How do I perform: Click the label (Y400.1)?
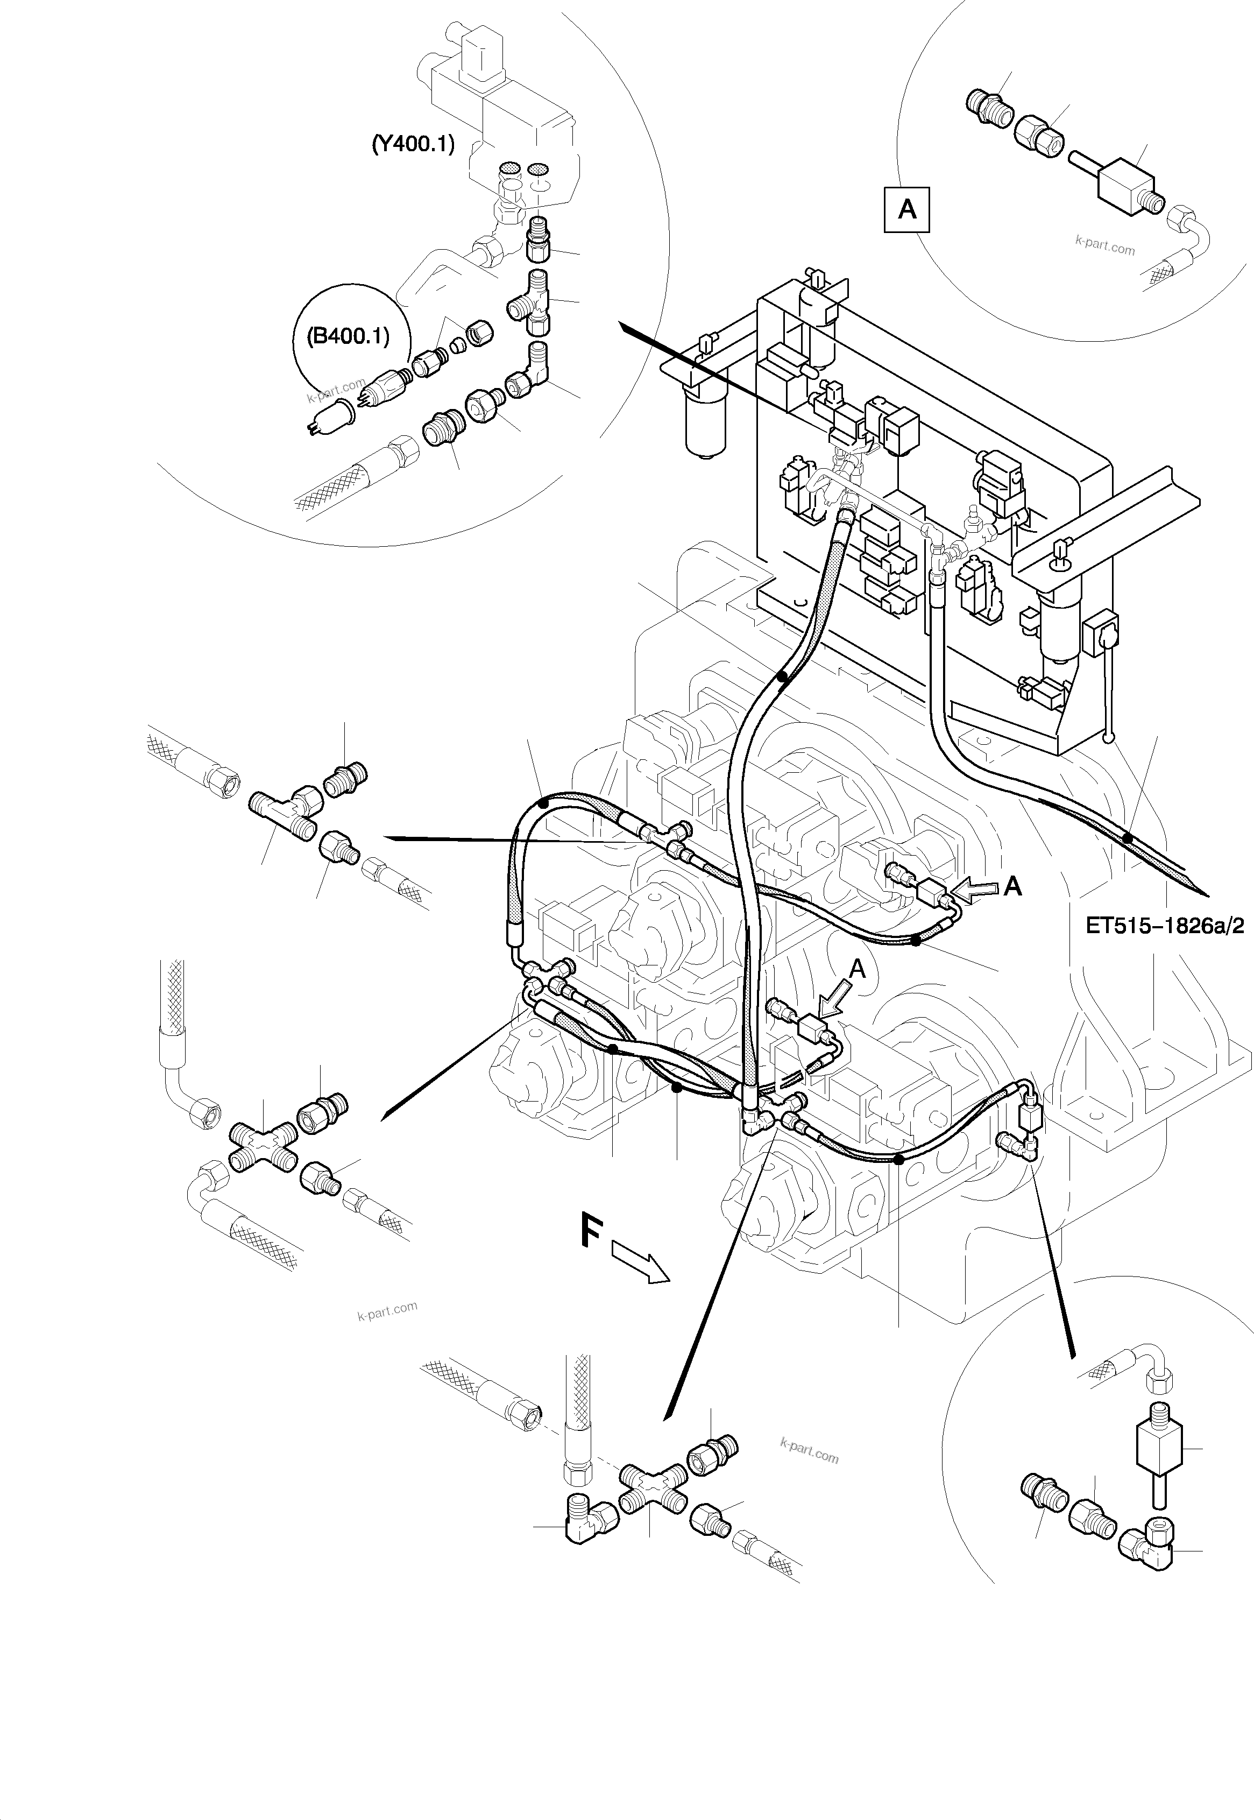(413, 145)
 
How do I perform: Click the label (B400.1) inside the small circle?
(348, 336)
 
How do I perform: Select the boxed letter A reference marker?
(906, 209)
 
